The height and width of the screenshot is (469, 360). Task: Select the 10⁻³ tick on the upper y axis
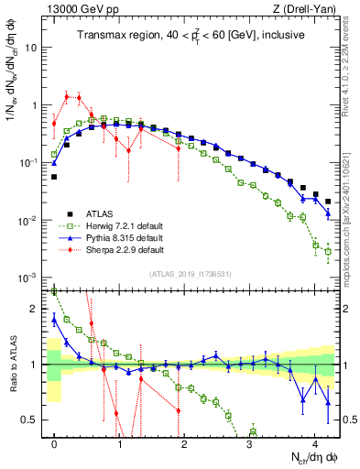pos(32,278)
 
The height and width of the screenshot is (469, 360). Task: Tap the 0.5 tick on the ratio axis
pos(34,420)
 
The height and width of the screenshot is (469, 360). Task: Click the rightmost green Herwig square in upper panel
pos(328,250)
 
